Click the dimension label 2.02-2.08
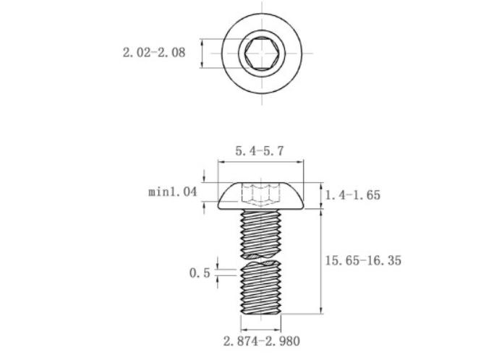tap(154, 52)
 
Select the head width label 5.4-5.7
tap(260, 151)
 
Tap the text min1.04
tap(173, 192)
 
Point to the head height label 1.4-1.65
tap(352, 195)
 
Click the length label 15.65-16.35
tap(363, 260)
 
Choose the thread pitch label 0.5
tap(200, 273)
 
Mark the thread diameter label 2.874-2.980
tap(262, 341)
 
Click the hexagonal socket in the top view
tap(261, 53)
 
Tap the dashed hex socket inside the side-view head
tap(260, 195)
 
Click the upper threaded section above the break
tap(261, 234)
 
